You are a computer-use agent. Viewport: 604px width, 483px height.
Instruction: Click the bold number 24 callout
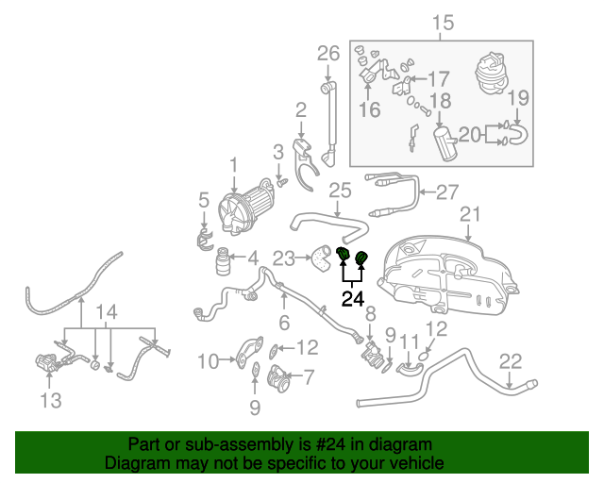click(353, 298)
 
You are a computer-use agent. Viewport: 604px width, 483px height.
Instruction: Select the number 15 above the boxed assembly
click(443, 23)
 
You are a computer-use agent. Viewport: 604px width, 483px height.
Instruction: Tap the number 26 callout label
click(328, 54)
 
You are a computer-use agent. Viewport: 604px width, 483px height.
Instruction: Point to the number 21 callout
click(470, 214)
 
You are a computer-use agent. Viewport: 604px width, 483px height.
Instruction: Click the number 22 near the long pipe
click(511, 361)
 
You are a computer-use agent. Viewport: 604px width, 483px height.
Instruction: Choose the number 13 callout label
click(51, 401)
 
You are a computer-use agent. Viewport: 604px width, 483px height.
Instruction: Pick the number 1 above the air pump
click(234, 166)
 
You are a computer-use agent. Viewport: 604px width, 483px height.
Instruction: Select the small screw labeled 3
click(282, 183)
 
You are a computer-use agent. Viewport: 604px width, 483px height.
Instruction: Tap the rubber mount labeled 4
click(223, 261)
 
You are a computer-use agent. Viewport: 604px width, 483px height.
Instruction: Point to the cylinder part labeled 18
click(445, 143)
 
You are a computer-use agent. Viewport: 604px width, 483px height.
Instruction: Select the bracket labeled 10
click(250, 352)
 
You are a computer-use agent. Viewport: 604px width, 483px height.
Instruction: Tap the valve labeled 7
click(279, 377)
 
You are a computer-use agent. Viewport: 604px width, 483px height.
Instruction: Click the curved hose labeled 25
click(328, 227)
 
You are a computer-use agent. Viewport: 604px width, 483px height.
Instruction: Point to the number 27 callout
click(447, 192)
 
